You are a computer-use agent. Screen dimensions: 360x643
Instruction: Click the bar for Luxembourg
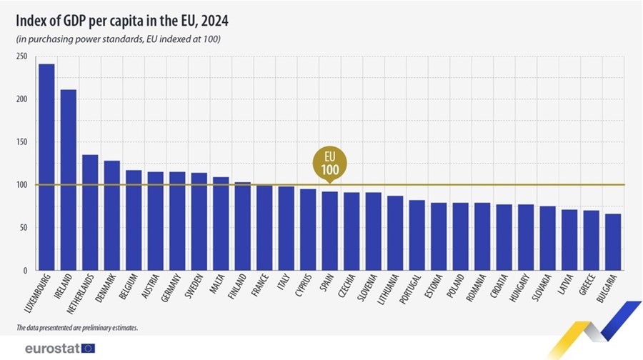pos(46,168)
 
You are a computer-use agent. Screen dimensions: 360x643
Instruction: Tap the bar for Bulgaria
pos(613,242)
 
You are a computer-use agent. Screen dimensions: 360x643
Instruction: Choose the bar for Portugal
pos(417,235)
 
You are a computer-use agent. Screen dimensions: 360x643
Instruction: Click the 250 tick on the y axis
pos(21,56)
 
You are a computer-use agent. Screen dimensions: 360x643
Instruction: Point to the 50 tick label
pos(24,228)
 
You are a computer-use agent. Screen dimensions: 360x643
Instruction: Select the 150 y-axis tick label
pos(21,142)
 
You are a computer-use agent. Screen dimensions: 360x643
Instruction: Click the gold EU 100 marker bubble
pos(329,166)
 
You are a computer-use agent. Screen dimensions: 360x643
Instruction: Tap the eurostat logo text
pos(51,348)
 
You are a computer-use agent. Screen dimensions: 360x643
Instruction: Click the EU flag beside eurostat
pos(88,348)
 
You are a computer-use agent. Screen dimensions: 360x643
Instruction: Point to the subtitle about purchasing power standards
pos(117,39)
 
